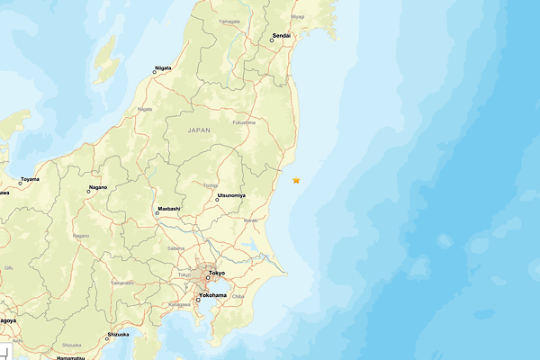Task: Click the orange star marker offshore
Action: pos(296,180)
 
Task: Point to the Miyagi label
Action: pos(298,16)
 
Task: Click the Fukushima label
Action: pos(243,122)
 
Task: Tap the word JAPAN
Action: pos(199,130)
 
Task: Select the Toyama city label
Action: pos(30,179)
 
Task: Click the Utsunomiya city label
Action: pos(231,194)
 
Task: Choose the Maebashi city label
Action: pos(169,209)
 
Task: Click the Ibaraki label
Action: pos(251,220)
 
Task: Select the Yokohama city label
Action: pos(212,294)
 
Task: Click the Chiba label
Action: pos(238,296)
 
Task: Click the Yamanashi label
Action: pos(122,282)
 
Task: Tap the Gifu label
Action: pos(9,267)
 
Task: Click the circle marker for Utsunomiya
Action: pos(217,200)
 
